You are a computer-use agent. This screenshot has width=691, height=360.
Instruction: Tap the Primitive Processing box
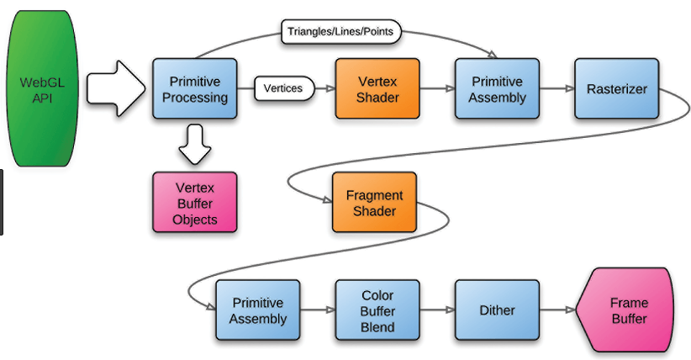pyautogui.click(x=194, y=88)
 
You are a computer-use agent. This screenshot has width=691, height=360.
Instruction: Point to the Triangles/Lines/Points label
pyautogui.click(x=340, y=33)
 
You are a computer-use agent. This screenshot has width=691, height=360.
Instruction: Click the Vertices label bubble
pyautogui.click(x=284, y=88)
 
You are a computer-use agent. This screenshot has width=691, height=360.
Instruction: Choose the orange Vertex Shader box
pyautogui.click(x=377, y=88)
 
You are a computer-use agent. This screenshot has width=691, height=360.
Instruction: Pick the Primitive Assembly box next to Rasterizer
pyautogui.click(x=496, y=88)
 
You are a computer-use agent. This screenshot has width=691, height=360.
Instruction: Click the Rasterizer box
pyautogui.click(x=616, y=88)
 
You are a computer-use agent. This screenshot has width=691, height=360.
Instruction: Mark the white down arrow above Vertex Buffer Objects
pyautogui.click(x=195, y=144)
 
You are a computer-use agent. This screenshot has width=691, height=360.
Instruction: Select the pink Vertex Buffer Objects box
pyautogui.click(x=195, y=202)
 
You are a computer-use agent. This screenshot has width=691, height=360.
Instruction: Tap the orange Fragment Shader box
pyautogui.click(x=374, y=202)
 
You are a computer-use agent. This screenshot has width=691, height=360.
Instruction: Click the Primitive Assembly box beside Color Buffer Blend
pyautogui.click(x=257, y=310)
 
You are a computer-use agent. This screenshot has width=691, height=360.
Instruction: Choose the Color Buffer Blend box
pyautogui.click(x=377, y=310)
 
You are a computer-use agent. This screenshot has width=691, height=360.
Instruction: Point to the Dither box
pyautogui.click(x=497, y=310)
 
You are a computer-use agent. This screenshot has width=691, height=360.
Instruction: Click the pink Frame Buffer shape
pyautogui.click(x=626, y=310)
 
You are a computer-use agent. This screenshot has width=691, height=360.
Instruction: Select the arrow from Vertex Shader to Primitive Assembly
pyautogui.click(x=437, y=88)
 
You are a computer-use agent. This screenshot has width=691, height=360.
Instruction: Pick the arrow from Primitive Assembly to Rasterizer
pyautogui.click(x=556, y=88)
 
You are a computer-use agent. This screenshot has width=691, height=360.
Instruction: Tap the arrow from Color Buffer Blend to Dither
pyautogui.click(x=437, y=310)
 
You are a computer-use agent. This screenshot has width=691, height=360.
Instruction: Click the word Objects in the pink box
pyautogui.click(x=195, y=220)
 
